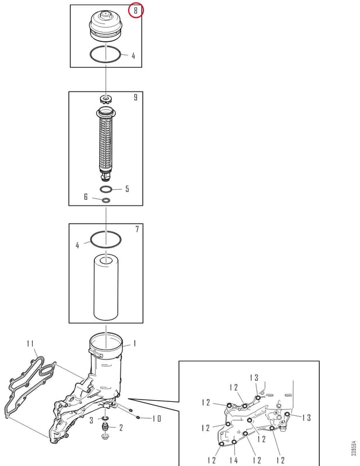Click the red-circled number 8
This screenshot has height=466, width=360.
pos(136,10)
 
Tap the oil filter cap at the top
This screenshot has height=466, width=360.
pos(106,26)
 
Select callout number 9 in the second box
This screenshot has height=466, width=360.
pos(136,97)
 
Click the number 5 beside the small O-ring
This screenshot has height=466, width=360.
pos(127,189)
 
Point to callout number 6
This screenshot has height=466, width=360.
pos(86,197)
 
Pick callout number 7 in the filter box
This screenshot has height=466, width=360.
pos(137,229)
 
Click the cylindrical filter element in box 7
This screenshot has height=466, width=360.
pos(106,288)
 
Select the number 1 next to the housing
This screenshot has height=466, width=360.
pos(135,344)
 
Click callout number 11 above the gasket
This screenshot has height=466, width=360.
pos(30,344)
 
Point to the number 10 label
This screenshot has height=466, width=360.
pos(157,419)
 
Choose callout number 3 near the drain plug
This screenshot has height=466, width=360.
pos(91,420)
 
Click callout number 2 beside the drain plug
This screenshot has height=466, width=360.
pos(121,428)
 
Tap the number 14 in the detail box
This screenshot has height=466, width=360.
pos(234,460)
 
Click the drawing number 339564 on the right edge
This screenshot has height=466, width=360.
pos(354,449)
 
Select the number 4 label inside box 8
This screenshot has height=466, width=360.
pos(133,55)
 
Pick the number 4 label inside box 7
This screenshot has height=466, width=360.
pos(77,245)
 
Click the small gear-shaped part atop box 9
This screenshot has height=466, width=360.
pos(106,99)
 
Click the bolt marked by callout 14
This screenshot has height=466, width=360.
pos(234,442)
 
